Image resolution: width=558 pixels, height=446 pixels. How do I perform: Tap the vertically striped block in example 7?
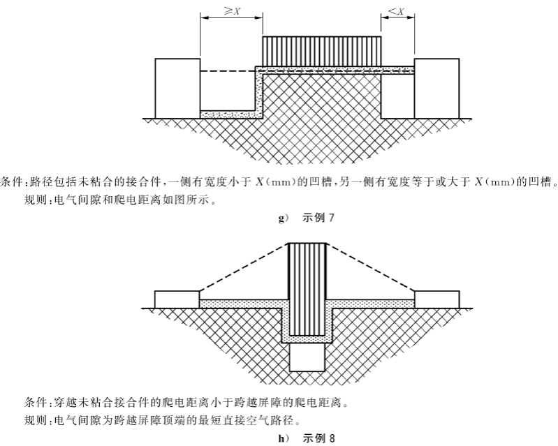coord(321,50)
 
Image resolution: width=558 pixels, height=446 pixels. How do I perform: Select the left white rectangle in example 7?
coord(177,89)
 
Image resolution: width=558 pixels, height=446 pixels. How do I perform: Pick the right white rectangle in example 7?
coord(436,89)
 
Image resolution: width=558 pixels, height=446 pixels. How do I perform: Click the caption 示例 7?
coord(319,218)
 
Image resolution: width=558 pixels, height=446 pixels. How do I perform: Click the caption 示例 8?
coord(319,439)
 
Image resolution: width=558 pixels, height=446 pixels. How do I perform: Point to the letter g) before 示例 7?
coord(284,219)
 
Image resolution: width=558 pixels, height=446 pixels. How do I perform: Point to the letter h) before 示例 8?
coord(284,440)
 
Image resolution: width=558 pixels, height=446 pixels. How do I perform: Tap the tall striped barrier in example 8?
coord(307,286)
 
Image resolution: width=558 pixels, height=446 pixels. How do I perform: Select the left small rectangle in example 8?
coord(177,298)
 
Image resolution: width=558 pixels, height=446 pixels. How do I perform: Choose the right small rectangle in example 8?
coord(437,298)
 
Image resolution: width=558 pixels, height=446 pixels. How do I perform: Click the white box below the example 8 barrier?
coord(307,359)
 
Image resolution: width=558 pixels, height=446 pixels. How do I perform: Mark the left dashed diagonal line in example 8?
coord(244,267)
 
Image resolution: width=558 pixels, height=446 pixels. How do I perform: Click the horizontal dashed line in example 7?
coord(227,70)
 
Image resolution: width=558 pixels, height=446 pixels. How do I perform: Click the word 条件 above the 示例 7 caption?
coord(13,184)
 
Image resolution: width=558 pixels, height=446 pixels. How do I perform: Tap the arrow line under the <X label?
coord(397,20)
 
